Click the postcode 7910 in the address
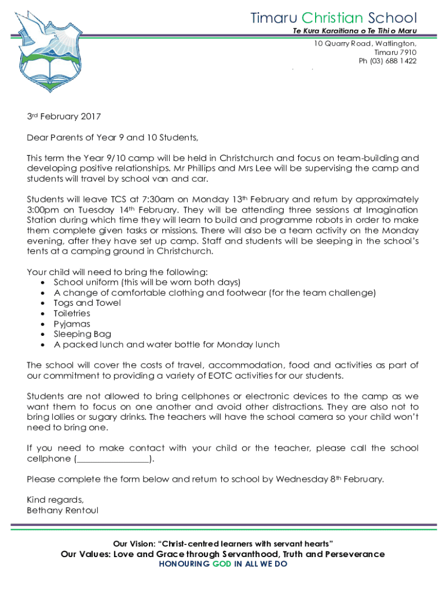coord(408,52)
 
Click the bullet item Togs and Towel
coord(87,303)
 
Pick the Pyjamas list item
coord(72,324)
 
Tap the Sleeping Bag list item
coord(82,334)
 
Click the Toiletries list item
coord(75,313)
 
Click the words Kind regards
coord(55,500)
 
